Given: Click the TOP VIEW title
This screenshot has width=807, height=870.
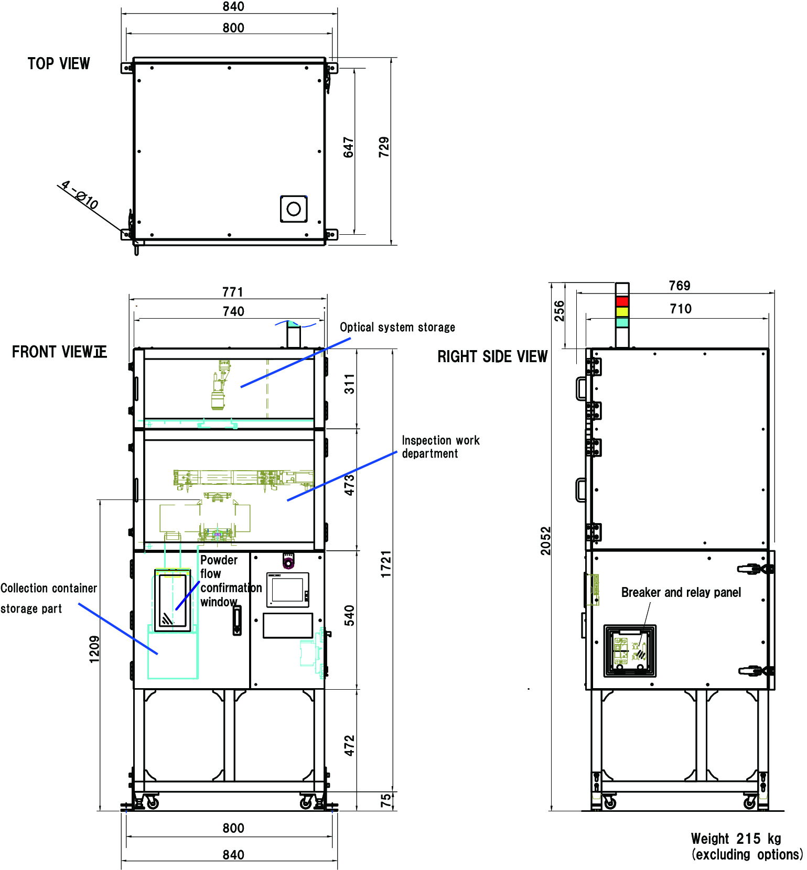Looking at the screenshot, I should click(59, 64).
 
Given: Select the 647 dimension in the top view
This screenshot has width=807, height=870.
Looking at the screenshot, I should click(349, 147).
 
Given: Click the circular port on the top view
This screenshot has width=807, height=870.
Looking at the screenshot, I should click(294, 209).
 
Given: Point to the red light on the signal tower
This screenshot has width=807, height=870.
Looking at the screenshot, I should click(622, 301).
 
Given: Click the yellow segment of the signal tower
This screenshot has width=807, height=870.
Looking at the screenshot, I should click(622, 312).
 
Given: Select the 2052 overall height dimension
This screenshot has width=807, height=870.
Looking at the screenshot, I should click(546, 540).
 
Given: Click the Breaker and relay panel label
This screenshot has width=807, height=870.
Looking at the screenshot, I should click(681, 593).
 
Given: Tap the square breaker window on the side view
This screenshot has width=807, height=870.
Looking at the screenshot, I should click(630, 650).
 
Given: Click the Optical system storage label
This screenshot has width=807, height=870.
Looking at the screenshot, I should click(397, 328).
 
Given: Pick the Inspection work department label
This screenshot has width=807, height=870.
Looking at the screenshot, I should click(440, 447).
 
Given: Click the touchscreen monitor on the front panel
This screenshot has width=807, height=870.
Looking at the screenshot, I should click(287, 590).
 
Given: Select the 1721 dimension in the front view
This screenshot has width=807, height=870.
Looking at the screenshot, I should click(386, 564).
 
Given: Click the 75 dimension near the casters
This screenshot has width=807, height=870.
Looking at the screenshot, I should click(386, 800).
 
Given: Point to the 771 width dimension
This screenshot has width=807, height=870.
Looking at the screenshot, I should click(233, 292).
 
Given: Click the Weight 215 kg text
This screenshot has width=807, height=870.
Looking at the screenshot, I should click(736, 839).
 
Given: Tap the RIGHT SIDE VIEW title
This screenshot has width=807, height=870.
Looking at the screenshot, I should click(492, 357).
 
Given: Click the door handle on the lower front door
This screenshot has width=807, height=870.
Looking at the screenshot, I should click(237, 621).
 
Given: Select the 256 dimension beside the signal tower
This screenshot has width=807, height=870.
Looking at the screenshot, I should click(559, 311).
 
